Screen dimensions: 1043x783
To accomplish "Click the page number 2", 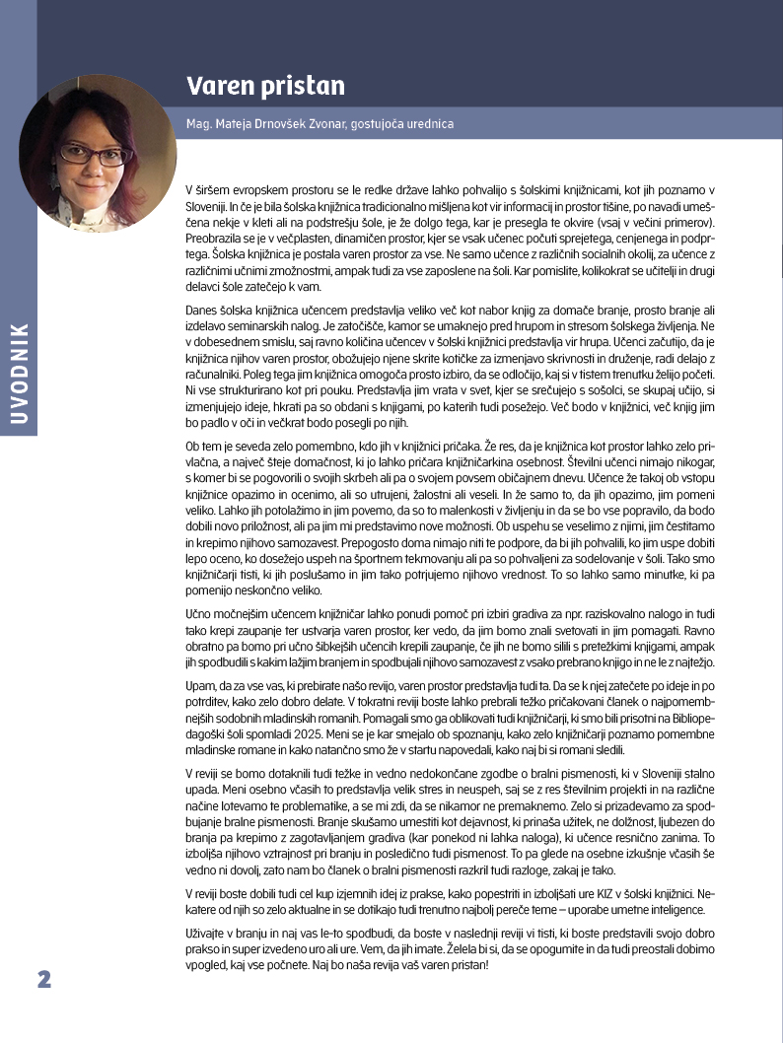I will [43, 979].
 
